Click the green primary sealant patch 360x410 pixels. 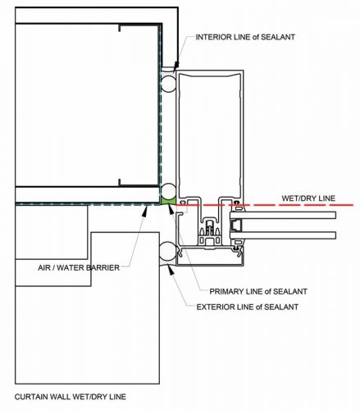[168, 200]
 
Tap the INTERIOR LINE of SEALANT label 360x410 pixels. [245, 37]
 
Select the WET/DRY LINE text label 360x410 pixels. [308, 198]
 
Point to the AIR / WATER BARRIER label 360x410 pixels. [79, 267]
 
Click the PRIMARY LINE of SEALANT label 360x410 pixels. [258, 291]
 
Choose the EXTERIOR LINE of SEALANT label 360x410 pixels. [248, 307]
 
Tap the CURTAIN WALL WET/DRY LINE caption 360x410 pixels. [71, 397]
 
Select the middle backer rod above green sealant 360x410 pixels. [168, 191]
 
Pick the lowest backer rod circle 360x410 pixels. [167, 251]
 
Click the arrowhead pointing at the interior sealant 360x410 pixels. [176, 66]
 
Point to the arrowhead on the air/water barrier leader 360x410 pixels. [145, 211]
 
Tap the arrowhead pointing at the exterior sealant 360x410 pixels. [171, 270]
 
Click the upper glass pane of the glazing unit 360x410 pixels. [283, 215]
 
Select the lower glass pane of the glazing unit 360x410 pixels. [283, 235]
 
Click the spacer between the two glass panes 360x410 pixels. [236, 225]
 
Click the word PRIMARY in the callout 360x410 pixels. [226, 291]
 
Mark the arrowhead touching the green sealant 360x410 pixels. [171, 208]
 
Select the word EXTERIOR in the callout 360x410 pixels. [215, 307]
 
